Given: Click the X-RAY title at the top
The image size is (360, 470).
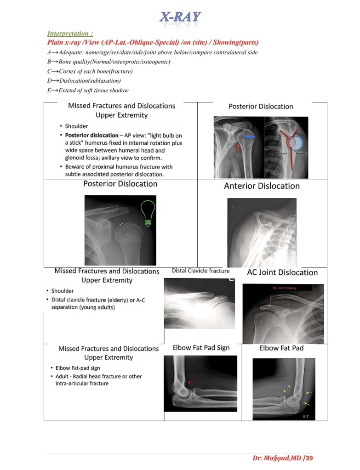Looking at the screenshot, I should pyautogui.click(x=180, y=17).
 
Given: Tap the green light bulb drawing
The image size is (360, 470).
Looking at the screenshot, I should pyautogui.click(x=147, y=213).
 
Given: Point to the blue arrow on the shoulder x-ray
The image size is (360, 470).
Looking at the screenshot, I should pyautogui.click(x=250, y=137).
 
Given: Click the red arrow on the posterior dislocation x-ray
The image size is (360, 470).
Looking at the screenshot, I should pyautogui.click(x=238, y=147).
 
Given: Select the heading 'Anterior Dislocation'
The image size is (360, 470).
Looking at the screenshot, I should pyautogui.click(x=262, y=186).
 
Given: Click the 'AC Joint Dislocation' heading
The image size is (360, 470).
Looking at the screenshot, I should pyautogui.click(x=282, y=272).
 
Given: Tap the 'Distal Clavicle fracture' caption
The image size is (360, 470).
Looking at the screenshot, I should pyautogui.click(x=200, y=271).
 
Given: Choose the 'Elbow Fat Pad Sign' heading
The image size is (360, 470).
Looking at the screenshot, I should pyautogui.click(x=201, y=348).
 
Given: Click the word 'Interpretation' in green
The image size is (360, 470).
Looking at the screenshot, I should pyautogui.click(x=69, y=34).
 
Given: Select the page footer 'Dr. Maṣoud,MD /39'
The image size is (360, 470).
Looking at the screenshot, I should pyautogui.click(x=282, y=458).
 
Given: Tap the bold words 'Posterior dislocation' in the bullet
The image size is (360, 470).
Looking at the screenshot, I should pyautogui.click(x=91, y=136).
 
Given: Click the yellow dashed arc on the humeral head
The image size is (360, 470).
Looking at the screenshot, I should pyautogui.click(x=119, y=232).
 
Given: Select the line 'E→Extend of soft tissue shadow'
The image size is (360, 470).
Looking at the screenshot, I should pyautogui.click(x=88, y=91).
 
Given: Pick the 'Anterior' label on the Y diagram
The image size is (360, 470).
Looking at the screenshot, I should pyautogui.click(x=283, y=152).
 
